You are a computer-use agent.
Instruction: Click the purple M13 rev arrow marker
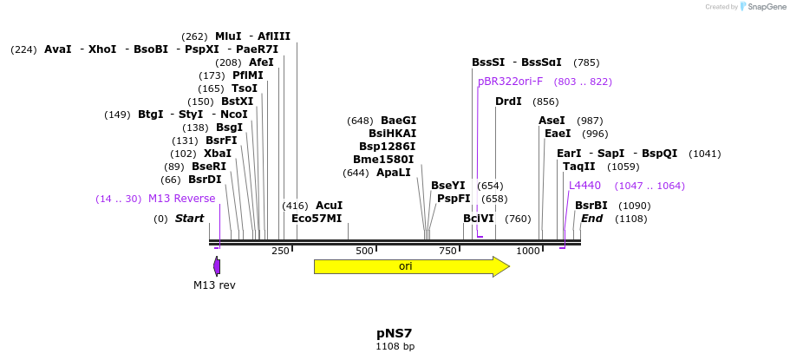click(217, 266)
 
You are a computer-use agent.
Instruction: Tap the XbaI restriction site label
click(218, 154)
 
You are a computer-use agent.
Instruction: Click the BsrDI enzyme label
click(205, 180)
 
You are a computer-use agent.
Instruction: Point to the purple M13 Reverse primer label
click(181, 199)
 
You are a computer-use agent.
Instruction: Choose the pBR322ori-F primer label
click(510, 82)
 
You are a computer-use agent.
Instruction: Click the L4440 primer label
click(584, 186)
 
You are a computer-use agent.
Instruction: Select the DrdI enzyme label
click(508, 101)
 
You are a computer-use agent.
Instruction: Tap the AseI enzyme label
click(552, 121)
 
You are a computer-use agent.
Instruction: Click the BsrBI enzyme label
click(591, 206)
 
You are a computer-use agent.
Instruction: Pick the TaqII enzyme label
click(579, 167)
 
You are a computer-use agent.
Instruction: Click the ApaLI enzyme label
click(394, 173)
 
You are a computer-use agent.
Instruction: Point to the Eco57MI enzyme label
click(317, 219)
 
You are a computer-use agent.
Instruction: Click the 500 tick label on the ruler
click(364, 252)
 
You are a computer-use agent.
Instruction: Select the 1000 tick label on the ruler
click(528, 252)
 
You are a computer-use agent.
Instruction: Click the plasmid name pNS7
click(395, 333)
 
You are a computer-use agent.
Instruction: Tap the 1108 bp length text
click(395, 347)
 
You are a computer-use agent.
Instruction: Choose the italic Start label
click(189, 219)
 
